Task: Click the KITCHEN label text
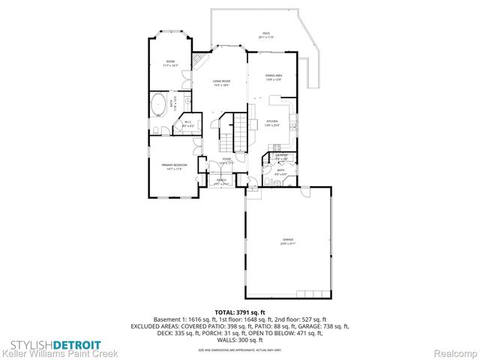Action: coord(272,122)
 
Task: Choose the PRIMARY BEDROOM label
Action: coord(173,166)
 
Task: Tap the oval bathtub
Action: coord(159,104)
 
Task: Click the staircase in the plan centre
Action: coord(229,132)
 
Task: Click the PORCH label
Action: coord(221,180)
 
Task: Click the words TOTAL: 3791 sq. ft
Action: coord(240,311)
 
